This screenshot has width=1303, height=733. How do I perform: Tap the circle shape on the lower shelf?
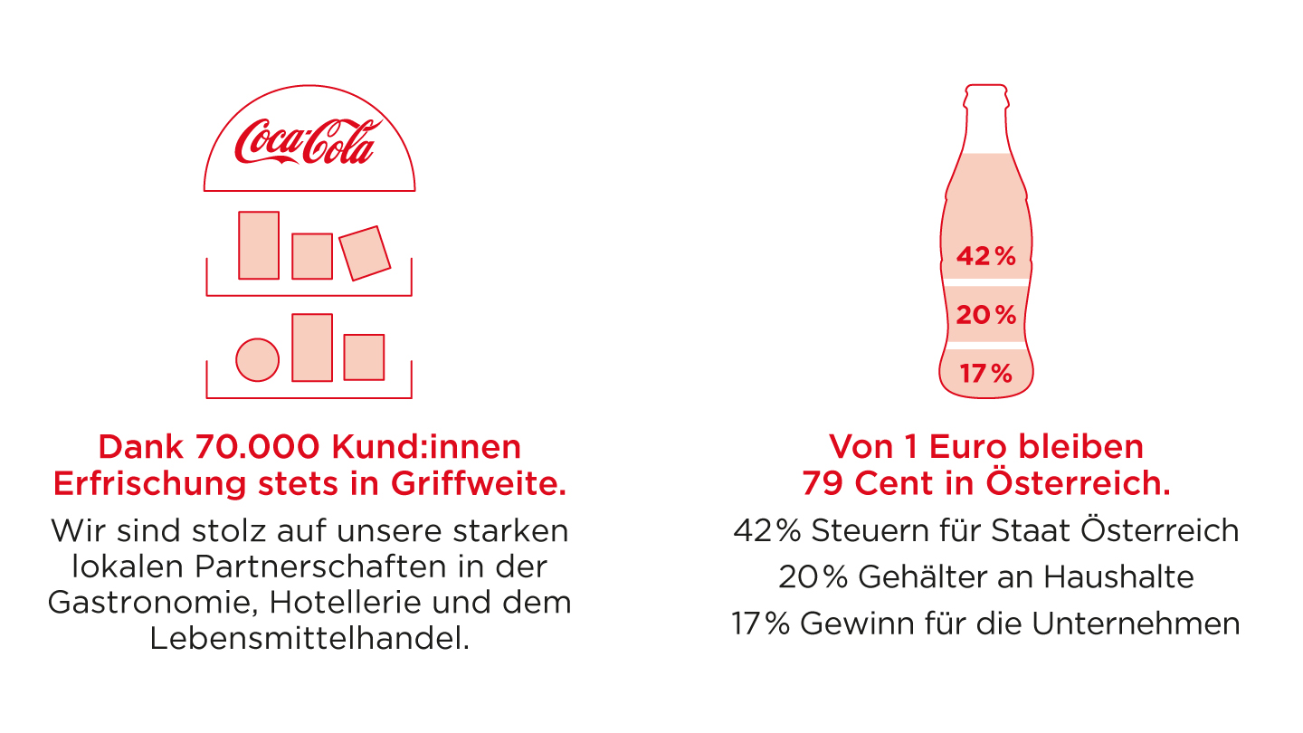point(257,359)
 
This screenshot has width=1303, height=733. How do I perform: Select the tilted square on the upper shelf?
point(365,253)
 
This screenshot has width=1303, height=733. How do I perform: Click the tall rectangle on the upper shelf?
point(259,245)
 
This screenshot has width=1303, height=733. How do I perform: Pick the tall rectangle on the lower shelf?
point(312,347)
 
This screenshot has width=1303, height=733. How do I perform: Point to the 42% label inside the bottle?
point(986,257)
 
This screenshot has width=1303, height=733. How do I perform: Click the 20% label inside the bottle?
point(986,316)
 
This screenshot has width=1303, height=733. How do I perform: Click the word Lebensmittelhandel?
point(309,639)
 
